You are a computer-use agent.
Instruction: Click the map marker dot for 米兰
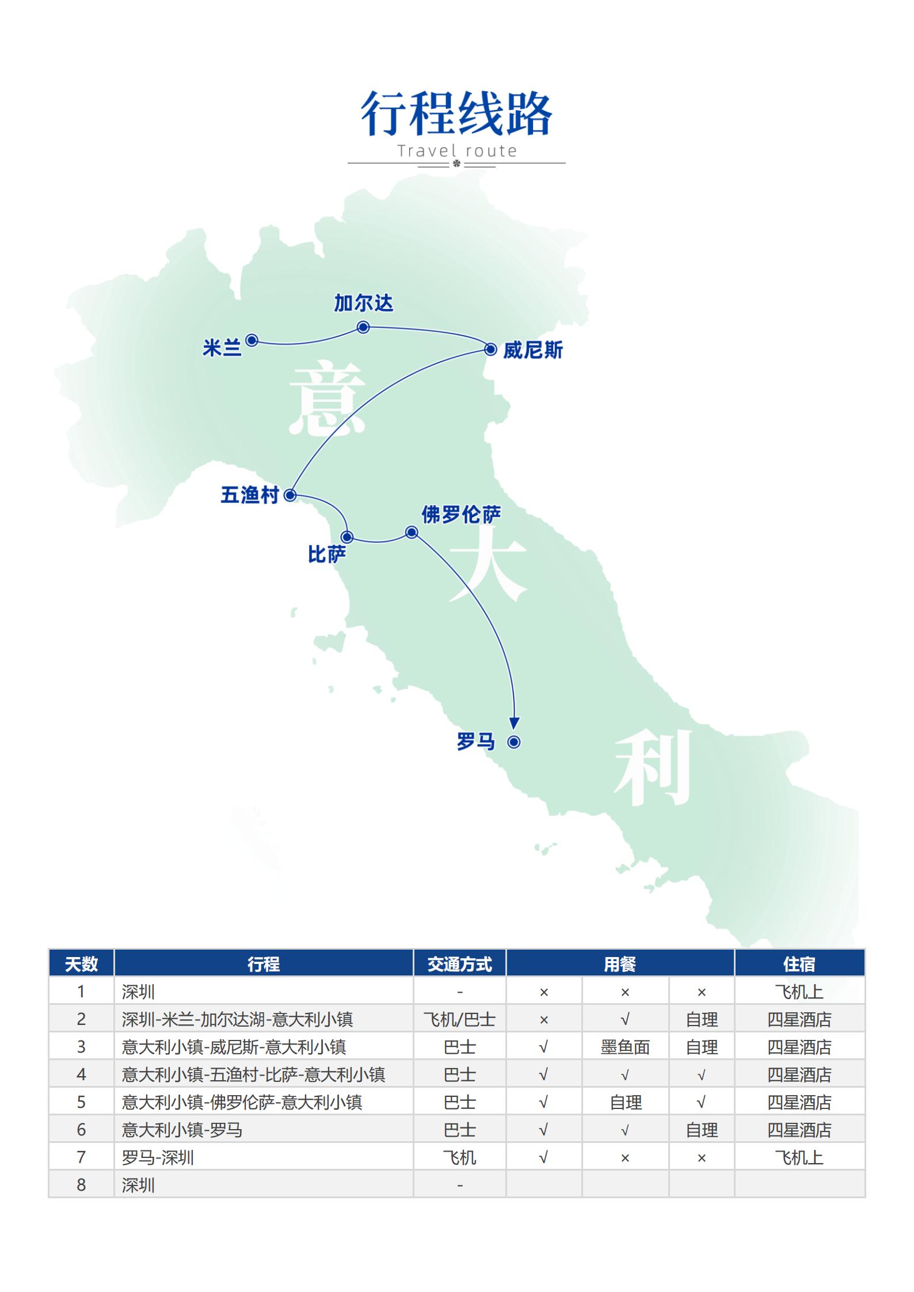252,340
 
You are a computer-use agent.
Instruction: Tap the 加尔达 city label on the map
363,303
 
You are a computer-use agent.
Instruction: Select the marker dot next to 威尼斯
490,349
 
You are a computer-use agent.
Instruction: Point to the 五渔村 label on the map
249,495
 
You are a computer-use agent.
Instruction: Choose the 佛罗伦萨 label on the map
461,514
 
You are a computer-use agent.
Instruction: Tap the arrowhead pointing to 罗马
515,723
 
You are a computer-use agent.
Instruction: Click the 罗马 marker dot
514,742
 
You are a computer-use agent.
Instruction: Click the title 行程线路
456,113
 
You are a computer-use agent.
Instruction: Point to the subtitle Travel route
457,151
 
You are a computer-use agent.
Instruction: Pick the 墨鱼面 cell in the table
625,1047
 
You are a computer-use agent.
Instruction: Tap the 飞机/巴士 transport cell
459,1019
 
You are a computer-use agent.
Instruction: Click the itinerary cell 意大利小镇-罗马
182,1130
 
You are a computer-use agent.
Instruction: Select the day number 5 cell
81,1102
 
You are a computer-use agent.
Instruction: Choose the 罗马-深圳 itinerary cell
158,1157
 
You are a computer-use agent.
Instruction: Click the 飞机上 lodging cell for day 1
799,992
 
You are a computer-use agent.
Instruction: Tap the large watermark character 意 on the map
326,398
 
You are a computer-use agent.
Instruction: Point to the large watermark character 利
652,767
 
